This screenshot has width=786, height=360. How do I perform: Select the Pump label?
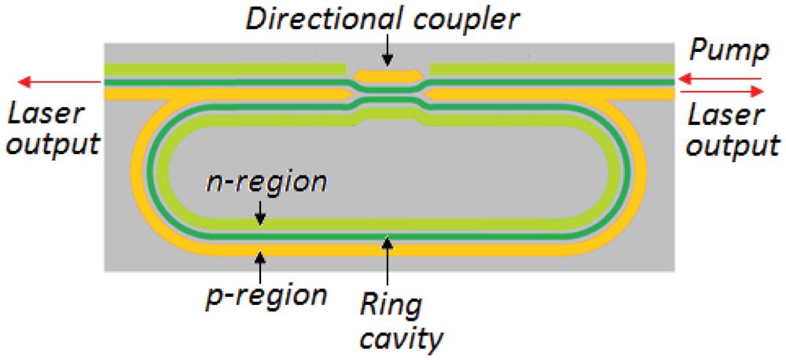tap(727, 53)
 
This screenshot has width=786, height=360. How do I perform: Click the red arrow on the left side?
tap(58, 82)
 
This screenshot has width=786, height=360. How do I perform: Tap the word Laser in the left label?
tap(45, 115)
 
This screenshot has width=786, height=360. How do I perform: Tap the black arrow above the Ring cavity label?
tap(386, 259)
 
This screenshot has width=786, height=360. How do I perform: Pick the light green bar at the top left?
tap(225, 69)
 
